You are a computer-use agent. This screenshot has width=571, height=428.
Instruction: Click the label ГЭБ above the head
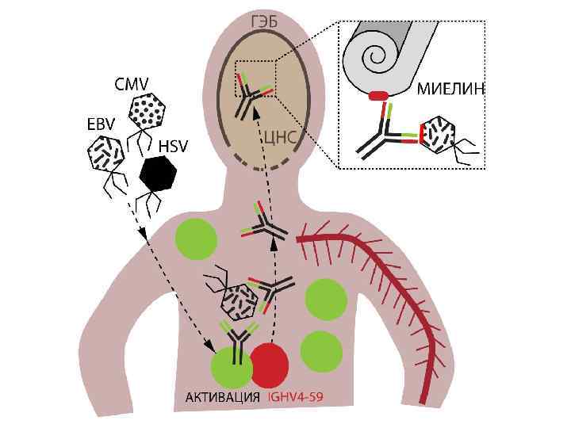(264, 21)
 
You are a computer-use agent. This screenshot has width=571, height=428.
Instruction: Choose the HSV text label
(174, 147)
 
